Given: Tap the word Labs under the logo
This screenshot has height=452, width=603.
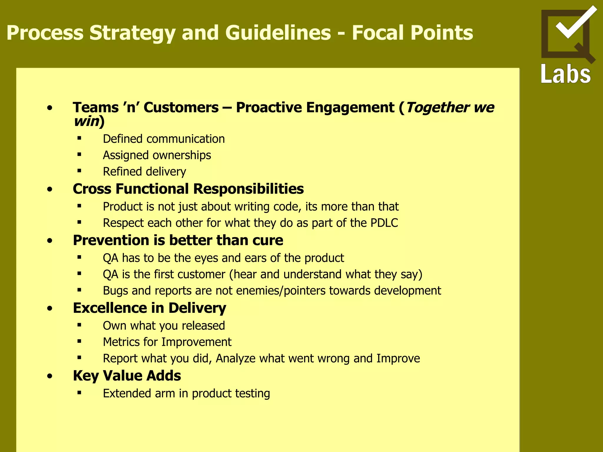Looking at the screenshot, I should coord(566,74).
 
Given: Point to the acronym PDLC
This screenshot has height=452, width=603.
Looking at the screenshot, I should coord(384,223).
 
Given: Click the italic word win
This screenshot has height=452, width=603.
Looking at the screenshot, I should coord(86,121).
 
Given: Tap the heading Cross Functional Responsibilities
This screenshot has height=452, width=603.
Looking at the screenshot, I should coord(188,189).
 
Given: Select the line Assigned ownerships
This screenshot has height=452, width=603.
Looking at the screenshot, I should coord(157,155).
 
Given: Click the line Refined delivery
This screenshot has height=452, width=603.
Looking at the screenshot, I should coord(144,172).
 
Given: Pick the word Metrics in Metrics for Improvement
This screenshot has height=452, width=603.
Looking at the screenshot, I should coord(121,342).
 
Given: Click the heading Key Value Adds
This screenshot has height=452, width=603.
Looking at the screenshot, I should coord(127,376).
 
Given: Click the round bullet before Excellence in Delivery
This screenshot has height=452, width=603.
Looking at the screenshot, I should coord(50,308).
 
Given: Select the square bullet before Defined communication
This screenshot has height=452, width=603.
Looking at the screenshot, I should coord(79,138).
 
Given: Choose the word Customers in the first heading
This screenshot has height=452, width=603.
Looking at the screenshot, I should coord(181,107).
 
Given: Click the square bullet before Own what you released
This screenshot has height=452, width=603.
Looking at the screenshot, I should coord(79,325).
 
